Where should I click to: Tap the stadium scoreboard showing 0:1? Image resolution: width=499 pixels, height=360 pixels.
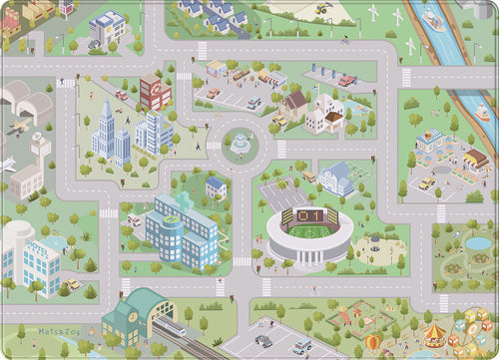(x=309, y=214)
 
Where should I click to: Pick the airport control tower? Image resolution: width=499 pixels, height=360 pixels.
(x=41, y=150)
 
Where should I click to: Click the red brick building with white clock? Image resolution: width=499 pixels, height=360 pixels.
(x=155, y=92)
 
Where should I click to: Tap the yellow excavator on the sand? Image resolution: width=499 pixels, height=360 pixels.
(x=322, y=9)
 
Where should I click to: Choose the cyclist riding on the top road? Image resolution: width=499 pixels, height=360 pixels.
(x=344, y=41)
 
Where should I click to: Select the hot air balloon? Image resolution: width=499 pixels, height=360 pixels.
(x=372, y=342)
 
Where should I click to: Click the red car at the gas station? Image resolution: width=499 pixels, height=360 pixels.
(x=346, y=80)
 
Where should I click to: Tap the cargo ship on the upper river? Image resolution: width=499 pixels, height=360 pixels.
(x=434, y=20)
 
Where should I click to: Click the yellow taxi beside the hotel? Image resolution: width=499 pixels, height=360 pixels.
(x=427, y=184)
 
